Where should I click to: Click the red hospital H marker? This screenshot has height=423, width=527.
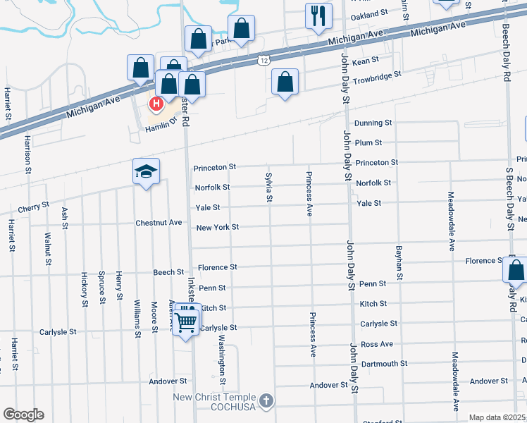click(x=156, y=104)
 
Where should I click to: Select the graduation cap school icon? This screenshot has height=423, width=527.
click(x=147, y=171)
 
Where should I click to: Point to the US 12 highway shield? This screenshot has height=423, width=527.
click(x=263, y=61)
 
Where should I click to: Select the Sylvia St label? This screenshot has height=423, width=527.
click(x=268, y=186)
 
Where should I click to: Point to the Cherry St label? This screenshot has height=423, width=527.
click(x=35, y=206)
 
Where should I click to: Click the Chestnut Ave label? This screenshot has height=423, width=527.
click(x=159, y=223)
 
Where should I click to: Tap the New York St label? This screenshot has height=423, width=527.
click(x=218, y=227)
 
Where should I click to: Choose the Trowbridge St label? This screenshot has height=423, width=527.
click(x=377, y=74)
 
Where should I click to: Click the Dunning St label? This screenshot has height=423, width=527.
click(x=372, y=123)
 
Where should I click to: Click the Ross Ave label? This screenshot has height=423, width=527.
click(x=376, y=344)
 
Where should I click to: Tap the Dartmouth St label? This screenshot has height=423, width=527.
click(x=384, y=364)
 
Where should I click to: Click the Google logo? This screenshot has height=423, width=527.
click(x=23, y=415)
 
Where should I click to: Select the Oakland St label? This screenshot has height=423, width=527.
click(x=369, y=13)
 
